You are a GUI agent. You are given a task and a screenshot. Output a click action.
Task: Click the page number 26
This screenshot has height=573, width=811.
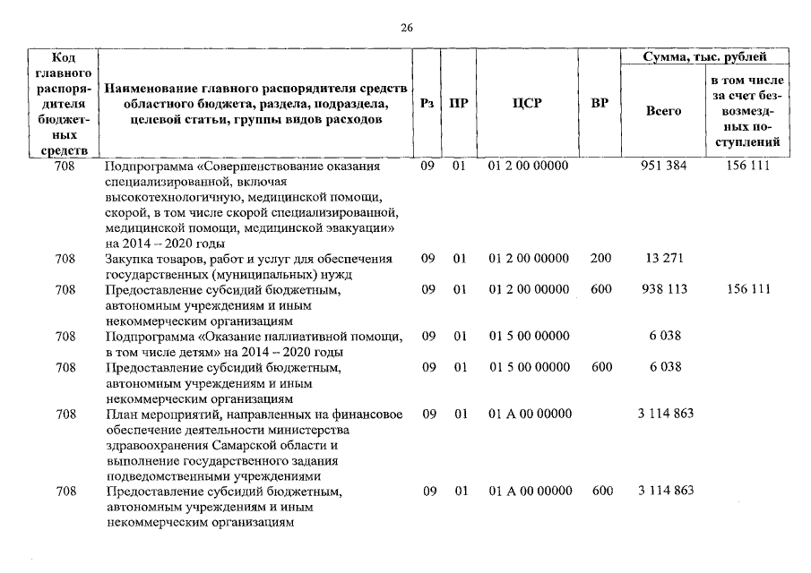(x=406, y=28)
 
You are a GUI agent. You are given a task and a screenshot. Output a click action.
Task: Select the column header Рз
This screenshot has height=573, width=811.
(x=427, y=103)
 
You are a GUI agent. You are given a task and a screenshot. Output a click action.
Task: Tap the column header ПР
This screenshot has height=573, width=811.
(x=459, y=103)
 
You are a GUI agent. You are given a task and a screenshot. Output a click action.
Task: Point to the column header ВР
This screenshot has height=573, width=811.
(x=600, y=103)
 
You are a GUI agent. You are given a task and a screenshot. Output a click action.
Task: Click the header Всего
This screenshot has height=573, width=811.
(x=663, y=111)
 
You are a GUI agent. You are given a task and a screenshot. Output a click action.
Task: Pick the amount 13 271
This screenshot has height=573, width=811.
(x=663, y=259)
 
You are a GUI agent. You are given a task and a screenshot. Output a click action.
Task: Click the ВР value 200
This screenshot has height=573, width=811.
(x=600, y=259)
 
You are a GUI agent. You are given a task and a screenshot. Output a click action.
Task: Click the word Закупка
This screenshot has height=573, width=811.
(x=133, y=259)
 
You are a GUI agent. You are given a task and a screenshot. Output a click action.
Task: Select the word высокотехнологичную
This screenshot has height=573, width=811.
(x=169, y=197)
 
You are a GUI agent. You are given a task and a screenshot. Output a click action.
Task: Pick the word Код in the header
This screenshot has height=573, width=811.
(x=65, y=57)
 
